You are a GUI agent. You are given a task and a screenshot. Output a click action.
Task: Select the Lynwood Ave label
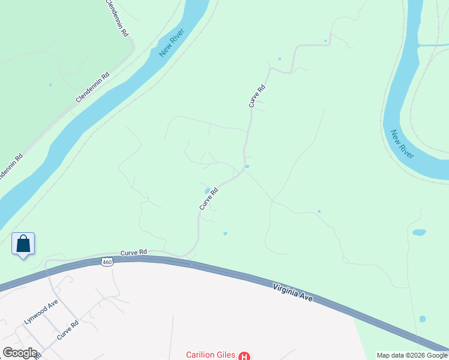[x=40, y=311]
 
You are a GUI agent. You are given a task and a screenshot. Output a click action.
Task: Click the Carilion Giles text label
[x=210, y=355]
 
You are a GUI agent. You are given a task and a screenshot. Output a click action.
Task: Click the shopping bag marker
[x=23, y=244]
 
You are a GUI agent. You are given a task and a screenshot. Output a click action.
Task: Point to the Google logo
[x=20, y=353]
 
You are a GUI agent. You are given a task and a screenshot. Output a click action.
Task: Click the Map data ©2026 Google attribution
[x=412, y=355]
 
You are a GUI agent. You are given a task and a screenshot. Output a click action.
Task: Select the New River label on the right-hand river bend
[x=402, y=144]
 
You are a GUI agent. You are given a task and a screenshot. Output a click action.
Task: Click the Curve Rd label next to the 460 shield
[x=133, y=253]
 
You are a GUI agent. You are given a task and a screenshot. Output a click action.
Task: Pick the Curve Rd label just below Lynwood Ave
[x=68, y=331]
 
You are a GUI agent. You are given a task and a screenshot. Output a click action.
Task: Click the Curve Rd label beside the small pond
[x=208, y=199]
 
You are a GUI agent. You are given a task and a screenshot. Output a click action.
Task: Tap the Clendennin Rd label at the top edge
[x=117, y=19]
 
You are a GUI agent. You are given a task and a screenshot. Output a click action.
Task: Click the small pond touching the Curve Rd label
[x=207, y=191]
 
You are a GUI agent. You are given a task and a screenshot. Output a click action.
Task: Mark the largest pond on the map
[x=419, y=232]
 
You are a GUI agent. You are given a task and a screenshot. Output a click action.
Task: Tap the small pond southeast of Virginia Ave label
[x=423, y=319]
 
